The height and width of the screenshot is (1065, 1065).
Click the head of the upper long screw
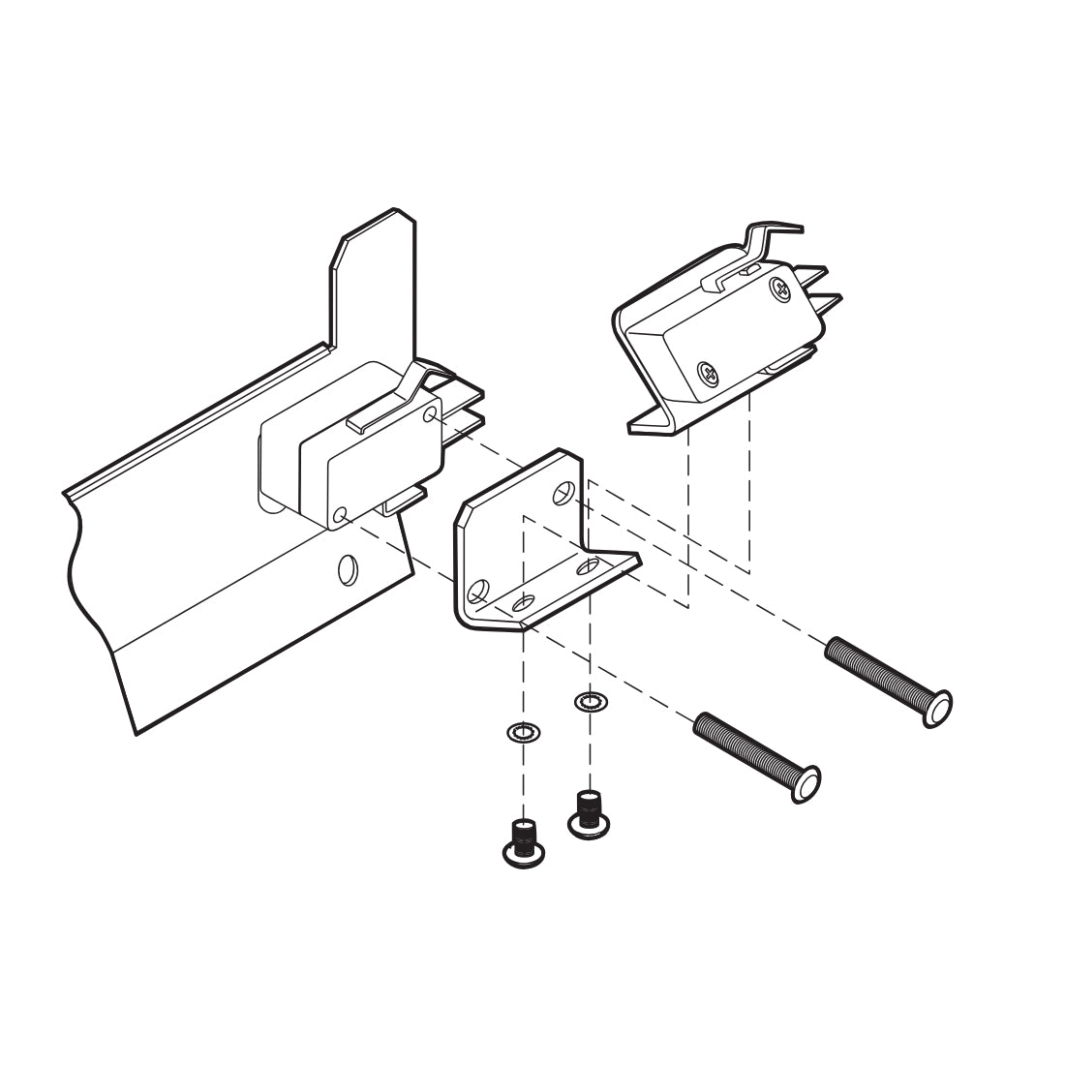coord(936,707)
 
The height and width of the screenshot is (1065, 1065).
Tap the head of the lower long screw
coord(806,782)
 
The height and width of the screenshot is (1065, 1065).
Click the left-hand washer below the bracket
coord(524,733)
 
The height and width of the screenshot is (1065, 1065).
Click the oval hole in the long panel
coord(348,569)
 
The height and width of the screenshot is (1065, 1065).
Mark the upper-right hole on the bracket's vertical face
coord(563,495)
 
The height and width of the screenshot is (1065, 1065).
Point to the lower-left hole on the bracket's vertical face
coord(476,591)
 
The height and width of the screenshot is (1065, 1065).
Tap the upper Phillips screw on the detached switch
coord(781,288)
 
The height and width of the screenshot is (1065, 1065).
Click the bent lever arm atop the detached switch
coord(765,242)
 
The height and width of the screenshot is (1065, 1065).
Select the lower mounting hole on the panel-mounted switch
coord(339,516)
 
